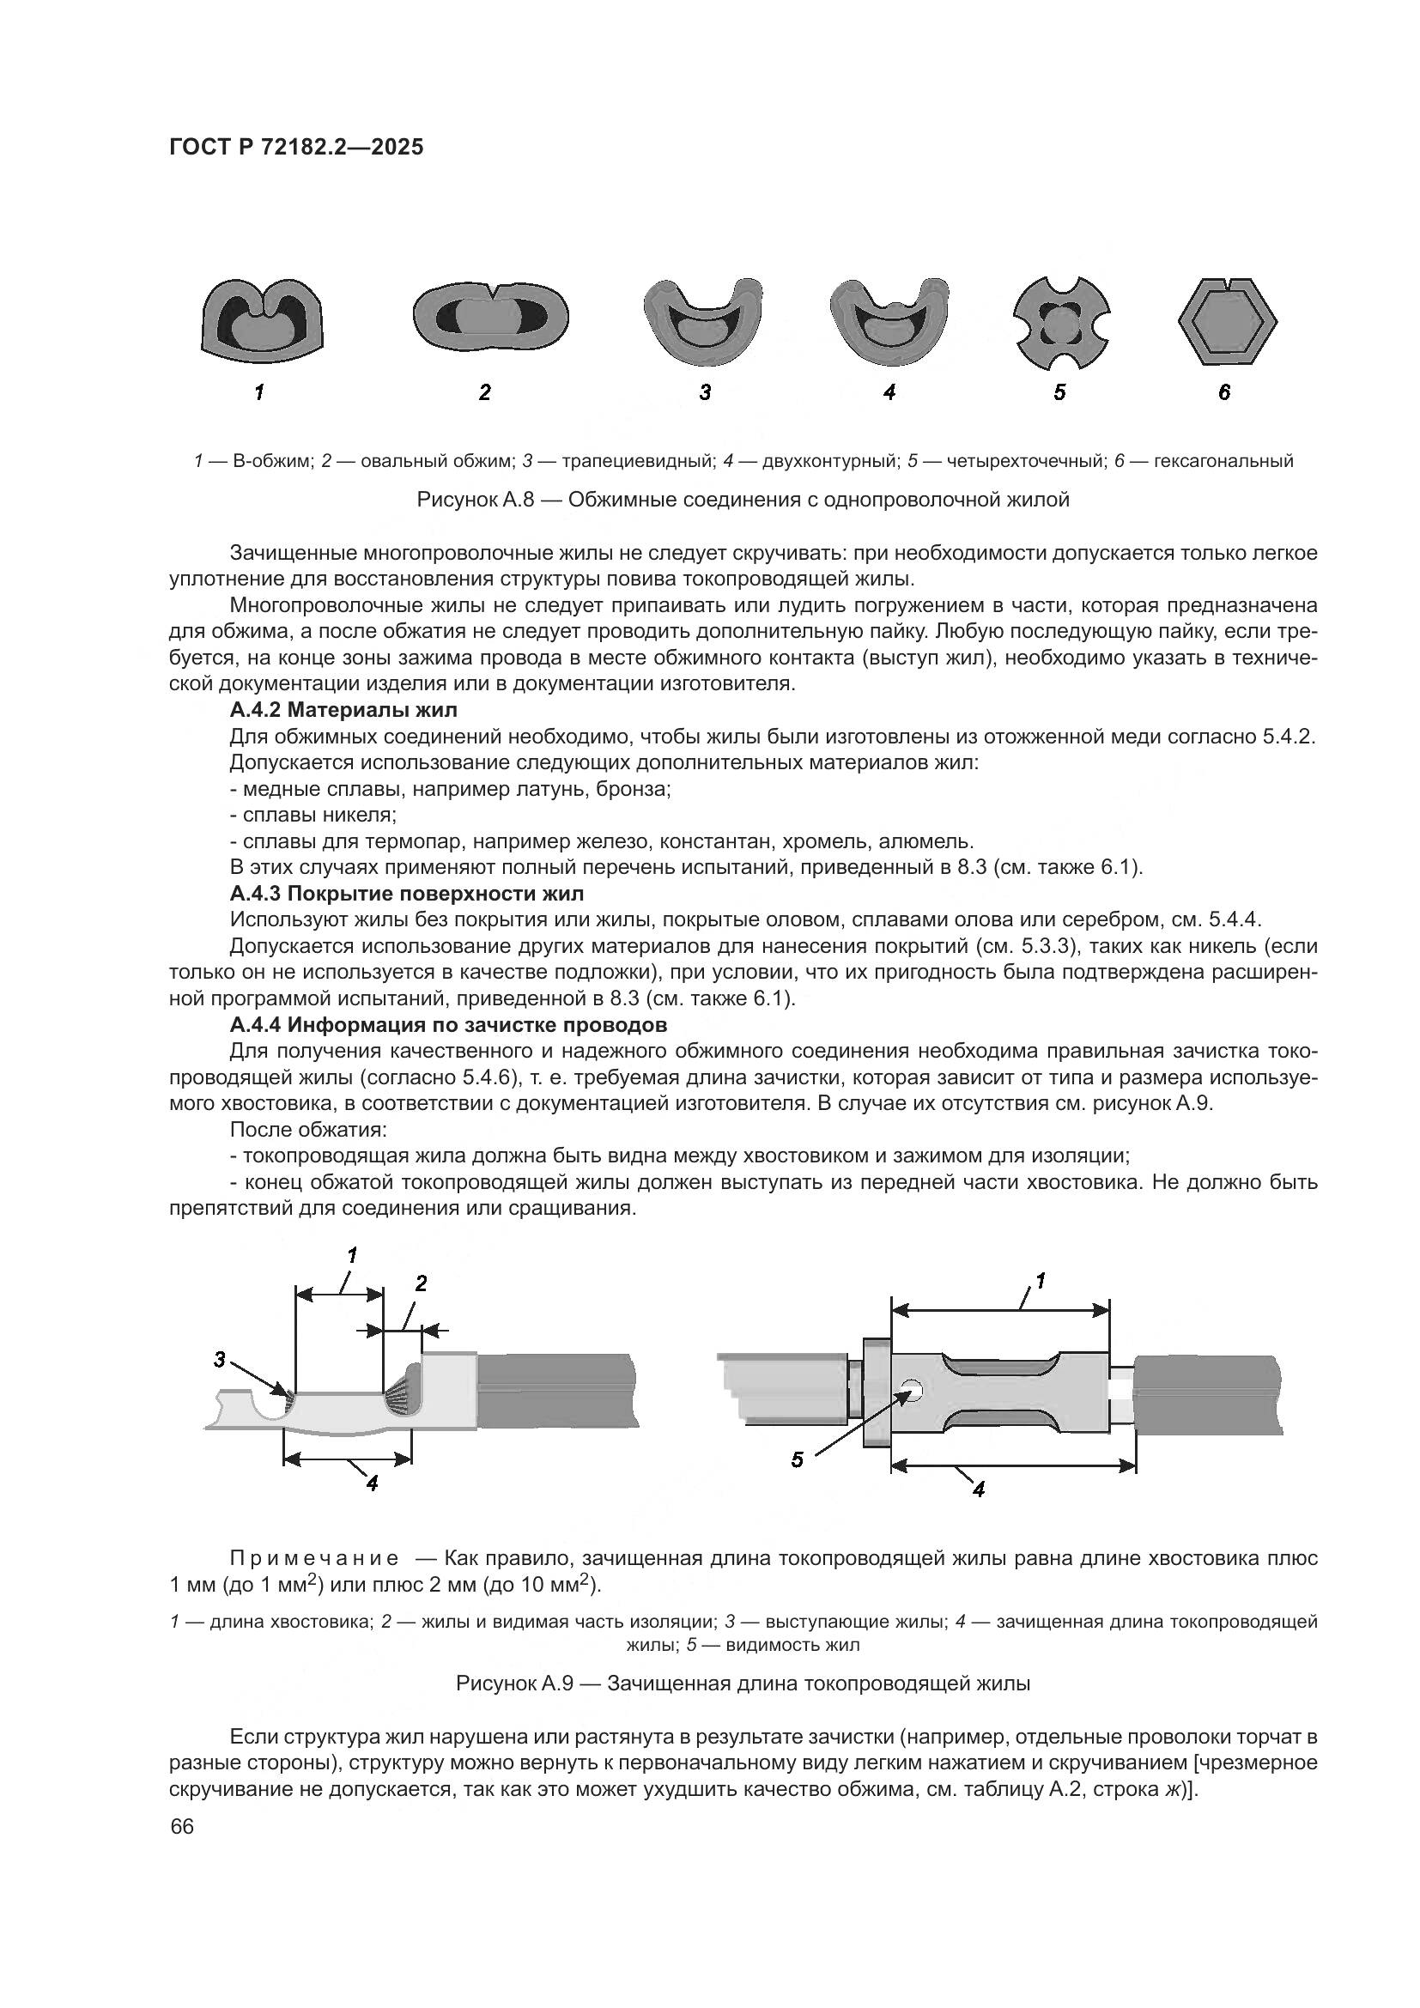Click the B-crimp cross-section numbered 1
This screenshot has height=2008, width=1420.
click(261, 320)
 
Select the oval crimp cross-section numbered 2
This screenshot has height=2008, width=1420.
click(490, 316)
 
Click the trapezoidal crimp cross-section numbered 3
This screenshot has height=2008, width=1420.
click(703, 324)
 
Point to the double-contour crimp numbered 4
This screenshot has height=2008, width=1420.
click(889, 321)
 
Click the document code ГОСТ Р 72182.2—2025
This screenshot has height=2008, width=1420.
click(296, 148)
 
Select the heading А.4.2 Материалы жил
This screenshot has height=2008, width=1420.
click(343, 709)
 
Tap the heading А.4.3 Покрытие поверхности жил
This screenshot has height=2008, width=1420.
click(407, 893)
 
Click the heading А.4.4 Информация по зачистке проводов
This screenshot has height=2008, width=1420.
click(448, 1024)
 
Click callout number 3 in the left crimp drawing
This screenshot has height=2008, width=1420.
click(220, 1359)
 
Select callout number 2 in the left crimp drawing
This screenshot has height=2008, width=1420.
click(421, 1283)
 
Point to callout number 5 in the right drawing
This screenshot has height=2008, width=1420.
click(797, 1459)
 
